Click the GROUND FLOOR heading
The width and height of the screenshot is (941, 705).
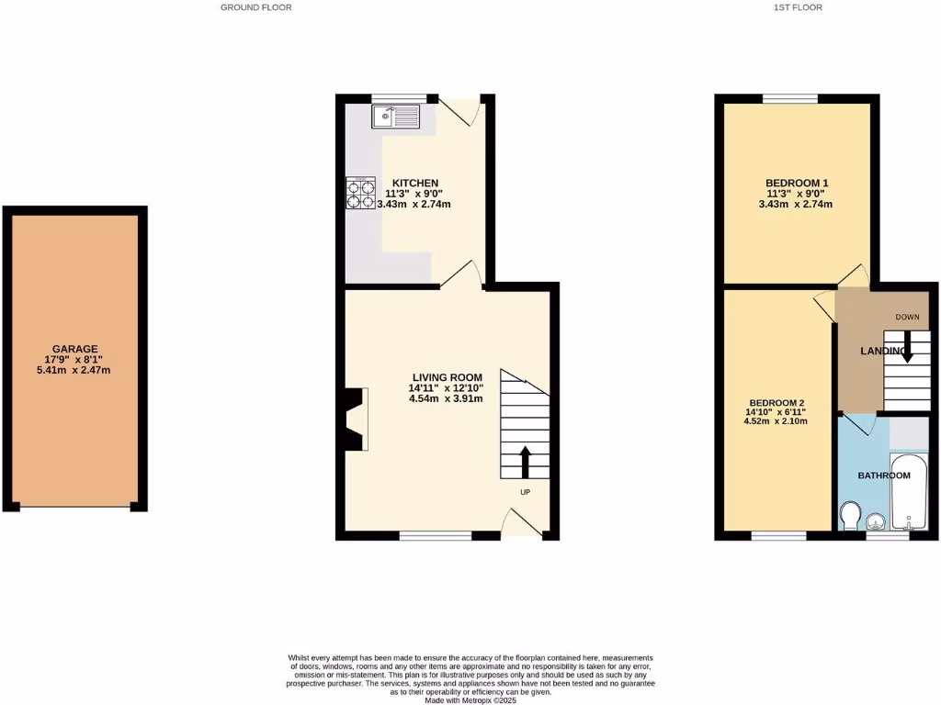click(256, 7)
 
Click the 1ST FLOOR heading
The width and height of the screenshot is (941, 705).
click(797, 7)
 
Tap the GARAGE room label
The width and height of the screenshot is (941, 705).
click(75, 349)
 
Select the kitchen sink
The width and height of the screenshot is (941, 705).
click(395, 117)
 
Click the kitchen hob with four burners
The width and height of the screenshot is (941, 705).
click(360, 193)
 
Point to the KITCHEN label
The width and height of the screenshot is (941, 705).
click(415, 183)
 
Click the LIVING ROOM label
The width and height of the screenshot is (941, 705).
click(448, 377)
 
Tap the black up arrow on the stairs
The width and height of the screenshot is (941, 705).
click(526, 462)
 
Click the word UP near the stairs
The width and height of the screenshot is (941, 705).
click(526, 492)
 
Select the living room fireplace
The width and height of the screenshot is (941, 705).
click(355, 420)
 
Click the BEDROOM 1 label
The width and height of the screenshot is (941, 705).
click(797, 184)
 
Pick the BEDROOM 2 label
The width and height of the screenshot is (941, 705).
click(777, 403)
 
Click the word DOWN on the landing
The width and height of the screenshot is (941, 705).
click(907, 318)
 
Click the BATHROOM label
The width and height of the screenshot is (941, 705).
click(884, 476)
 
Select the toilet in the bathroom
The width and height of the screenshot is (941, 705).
click(851, 516)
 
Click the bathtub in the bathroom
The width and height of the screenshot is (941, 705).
click(909, 492)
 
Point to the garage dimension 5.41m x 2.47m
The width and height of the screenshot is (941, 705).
click(75, 370)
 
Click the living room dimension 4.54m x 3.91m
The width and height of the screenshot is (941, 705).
click(448, 398)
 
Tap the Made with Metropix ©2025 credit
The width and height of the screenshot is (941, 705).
click(470, 700)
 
